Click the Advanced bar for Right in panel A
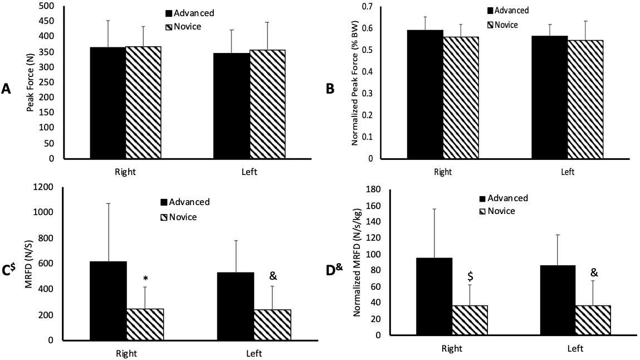click(108, 103)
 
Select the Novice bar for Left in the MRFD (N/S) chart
click(273, 324)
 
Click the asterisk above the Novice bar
click(145, 279)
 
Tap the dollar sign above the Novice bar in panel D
click(471, 276)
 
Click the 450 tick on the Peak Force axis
click(46, 21)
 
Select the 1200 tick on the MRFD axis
click(43, 187)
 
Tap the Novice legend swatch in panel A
click(169, 26)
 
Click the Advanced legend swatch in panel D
click(482, 198)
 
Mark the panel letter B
click(330, 88)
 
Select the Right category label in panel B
click(443, 172)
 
